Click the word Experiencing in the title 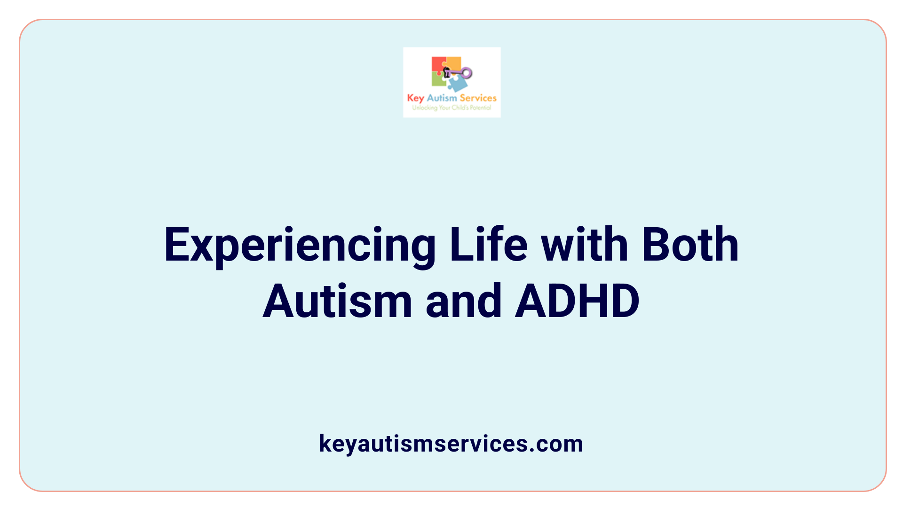point(300,246)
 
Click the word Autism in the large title point(337,301)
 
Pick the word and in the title point(463,301)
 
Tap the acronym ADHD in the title point(577,301)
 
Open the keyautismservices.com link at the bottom point(451,444)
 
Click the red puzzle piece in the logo point(438,65)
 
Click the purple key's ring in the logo point(466,73)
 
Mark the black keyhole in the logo point(447,72)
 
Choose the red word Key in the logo point(415,98)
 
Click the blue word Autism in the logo point(442,98)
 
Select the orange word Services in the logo point(478,98)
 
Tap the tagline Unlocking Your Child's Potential point(451,108)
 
